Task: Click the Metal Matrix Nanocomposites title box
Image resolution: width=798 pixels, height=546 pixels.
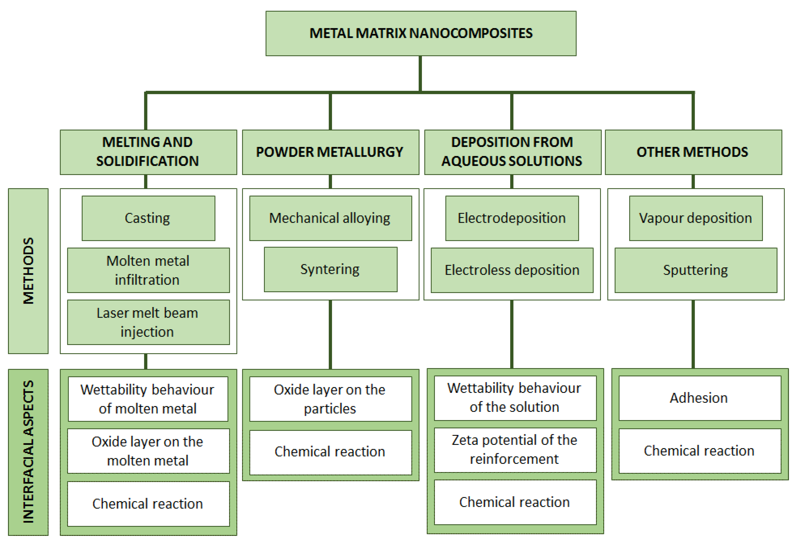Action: pyautogui.click(x=421, y=33)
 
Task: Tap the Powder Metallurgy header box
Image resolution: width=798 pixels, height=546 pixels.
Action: pyautogui.click(x=330, y=152)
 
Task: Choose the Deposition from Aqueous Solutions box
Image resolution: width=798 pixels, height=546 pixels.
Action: pyautogui.click(x=512, y=152)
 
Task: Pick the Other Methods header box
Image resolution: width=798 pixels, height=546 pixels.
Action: pyautogui.click(x=693, y=152)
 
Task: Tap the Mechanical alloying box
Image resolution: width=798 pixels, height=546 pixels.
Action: pyautogui.click(x=330, y=218)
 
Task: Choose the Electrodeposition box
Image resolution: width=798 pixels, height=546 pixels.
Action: pyautogui.click(x=512, y=218)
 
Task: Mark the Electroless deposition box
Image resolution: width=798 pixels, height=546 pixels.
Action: pyautogui.click(x=512, y=270)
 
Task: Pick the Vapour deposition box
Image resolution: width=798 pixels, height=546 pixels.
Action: pyautogui.click(x=695, y=218)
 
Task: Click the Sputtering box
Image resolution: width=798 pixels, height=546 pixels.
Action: pyautogui.click(x=695, y=270)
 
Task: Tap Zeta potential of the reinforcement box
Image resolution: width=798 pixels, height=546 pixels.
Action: pyautogui.click(x=515, y=450)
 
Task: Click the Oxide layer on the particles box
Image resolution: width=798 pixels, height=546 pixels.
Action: pyautogui.click(x=330, y=399)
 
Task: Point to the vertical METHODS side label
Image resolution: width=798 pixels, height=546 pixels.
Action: pyautogui.click(x=28, y=271)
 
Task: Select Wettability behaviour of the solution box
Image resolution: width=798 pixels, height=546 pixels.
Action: pyautogui.click(x=515, y=398)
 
